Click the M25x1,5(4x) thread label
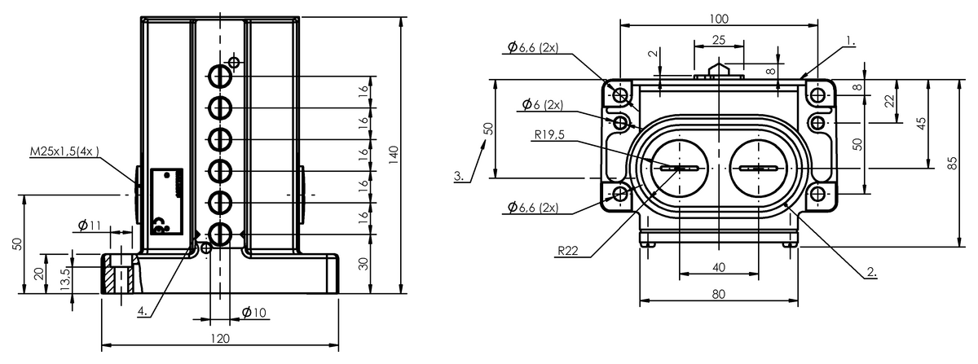[x=64, y=151]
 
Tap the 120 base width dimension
[x=220, y=339]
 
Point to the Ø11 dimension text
[x=90, y=226]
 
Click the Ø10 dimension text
[x=253, y=312]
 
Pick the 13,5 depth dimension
[x=65, y=279]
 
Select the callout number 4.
[x=143, y=311]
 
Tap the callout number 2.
[x=871, y=272]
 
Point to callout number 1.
[x=851, y=41]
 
